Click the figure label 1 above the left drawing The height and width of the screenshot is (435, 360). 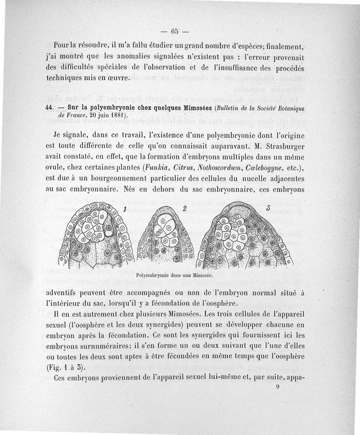125,209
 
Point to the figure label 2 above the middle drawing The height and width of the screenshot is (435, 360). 184,208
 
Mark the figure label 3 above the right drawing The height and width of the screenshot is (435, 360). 268,208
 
